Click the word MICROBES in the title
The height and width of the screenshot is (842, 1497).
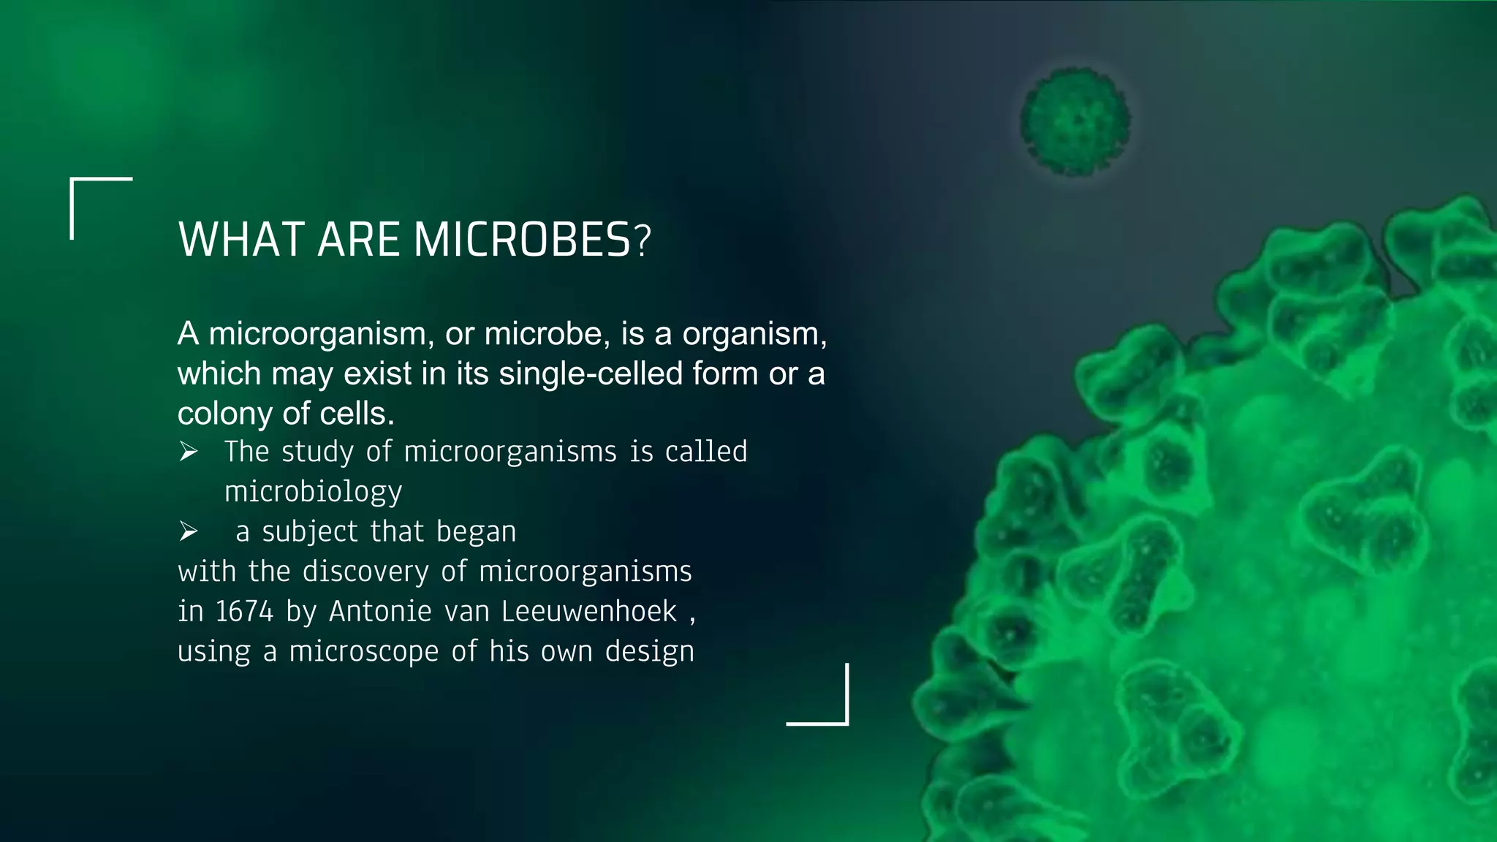[x=522, y=240]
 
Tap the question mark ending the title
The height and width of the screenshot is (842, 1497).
[x=642, y=241]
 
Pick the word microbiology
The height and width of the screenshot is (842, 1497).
[x=313, y=492]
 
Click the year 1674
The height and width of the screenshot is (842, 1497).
[x=244, y=612]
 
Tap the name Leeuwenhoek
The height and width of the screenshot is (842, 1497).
[x=589, y=612]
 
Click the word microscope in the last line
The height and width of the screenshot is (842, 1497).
[x=363, y=652]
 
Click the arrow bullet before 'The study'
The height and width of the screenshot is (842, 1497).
[x=189, y=452]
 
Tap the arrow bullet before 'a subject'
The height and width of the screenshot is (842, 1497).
[x=189, y=532]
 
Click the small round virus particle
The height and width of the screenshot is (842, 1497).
[x=1075, y=121]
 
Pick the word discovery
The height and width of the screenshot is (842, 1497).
[x=365, y=572]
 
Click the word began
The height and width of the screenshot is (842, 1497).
[x=476, y=532]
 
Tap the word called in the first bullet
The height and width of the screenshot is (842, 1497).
[x=706, y=452]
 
